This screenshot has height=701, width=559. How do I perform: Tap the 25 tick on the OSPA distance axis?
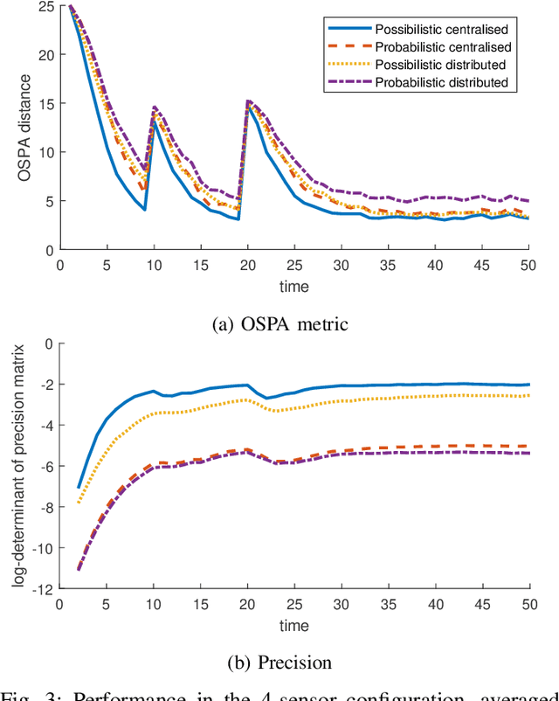click(45, 7)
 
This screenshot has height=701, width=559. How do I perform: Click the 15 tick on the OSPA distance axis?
click(45, 104)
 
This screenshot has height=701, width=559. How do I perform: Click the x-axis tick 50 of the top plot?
click(529, 265)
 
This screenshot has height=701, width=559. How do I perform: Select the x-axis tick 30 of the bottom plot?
click(342, 603)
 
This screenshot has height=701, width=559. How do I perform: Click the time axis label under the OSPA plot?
click(294, 286)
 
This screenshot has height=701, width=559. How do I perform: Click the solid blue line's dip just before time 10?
click(144, 210)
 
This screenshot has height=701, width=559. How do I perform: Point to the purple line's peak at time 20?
click(248, 101)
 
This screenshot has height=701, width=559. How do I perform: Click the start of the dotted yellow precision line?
click(79, 503)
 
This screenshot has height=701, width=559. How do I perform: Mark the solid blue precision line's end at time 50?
click(529, 385)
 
